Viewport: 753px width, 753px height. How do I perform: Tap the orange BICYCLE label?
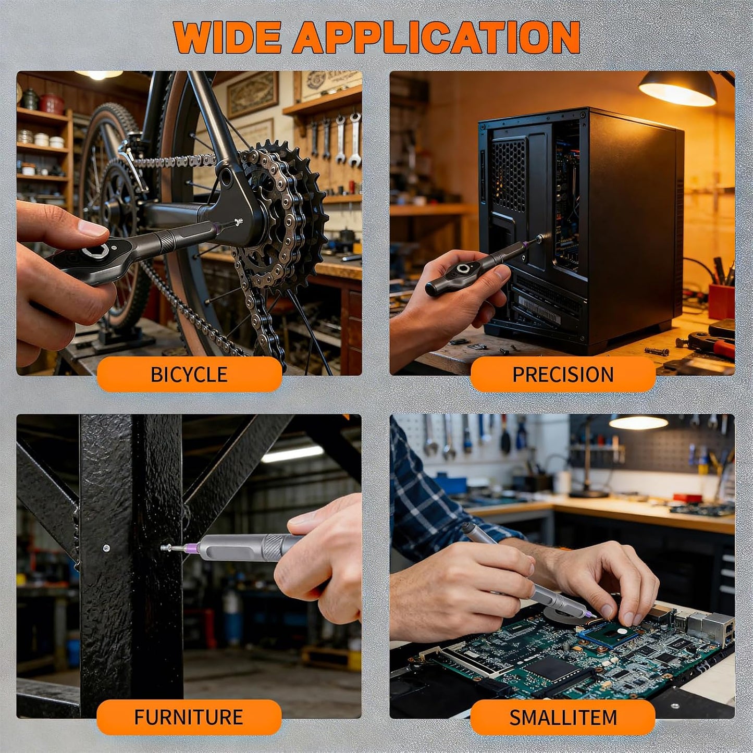[189, 374]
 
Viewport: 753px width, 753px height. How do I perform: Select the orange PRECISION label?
[563, 374]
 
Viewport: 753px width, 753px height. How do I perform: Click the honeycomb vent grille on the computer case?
[508, 175]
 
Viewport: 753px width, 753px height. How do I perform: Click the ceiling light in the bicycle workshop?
[99, 75]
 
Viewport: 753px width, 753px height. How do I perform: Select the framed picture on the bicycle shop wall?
[252, 94]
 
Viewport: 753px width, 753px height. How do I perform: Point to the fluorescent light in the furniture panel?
[292, 454]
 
